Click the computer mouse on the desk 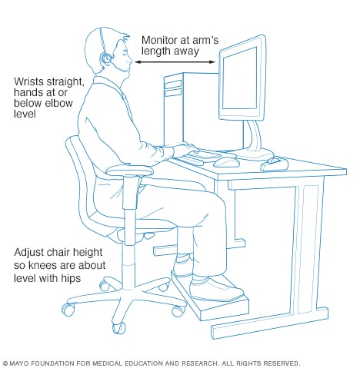225,161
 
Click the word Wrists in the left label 28,81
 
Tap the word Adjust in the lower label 29,253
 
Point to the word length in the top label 156,52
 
